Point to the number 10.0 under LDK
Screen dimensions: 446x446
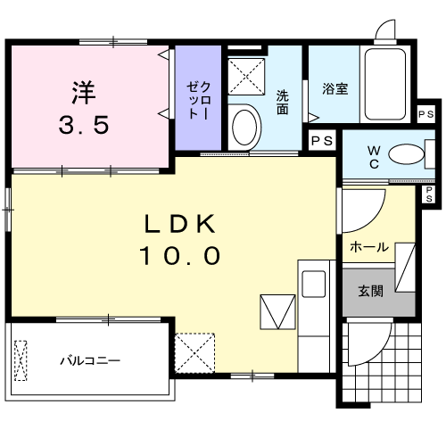coord(178,257)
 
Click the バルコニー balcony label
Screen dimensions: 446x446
coord(90,361)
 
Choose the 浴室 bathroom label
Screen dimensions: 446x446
coord(334,88)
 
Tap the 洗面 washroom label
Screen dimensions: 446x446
coord(283,103)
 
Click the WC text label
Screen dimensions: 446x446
coord(376,157)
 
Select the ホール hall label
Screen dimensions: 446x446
coord(368,246)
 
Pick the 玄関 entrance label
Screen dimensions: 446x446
coord(371,292)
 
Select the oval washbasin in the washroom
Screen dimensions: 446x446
coord(244,128)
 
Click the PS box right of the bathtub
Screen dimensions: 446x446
coord(425,114)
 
